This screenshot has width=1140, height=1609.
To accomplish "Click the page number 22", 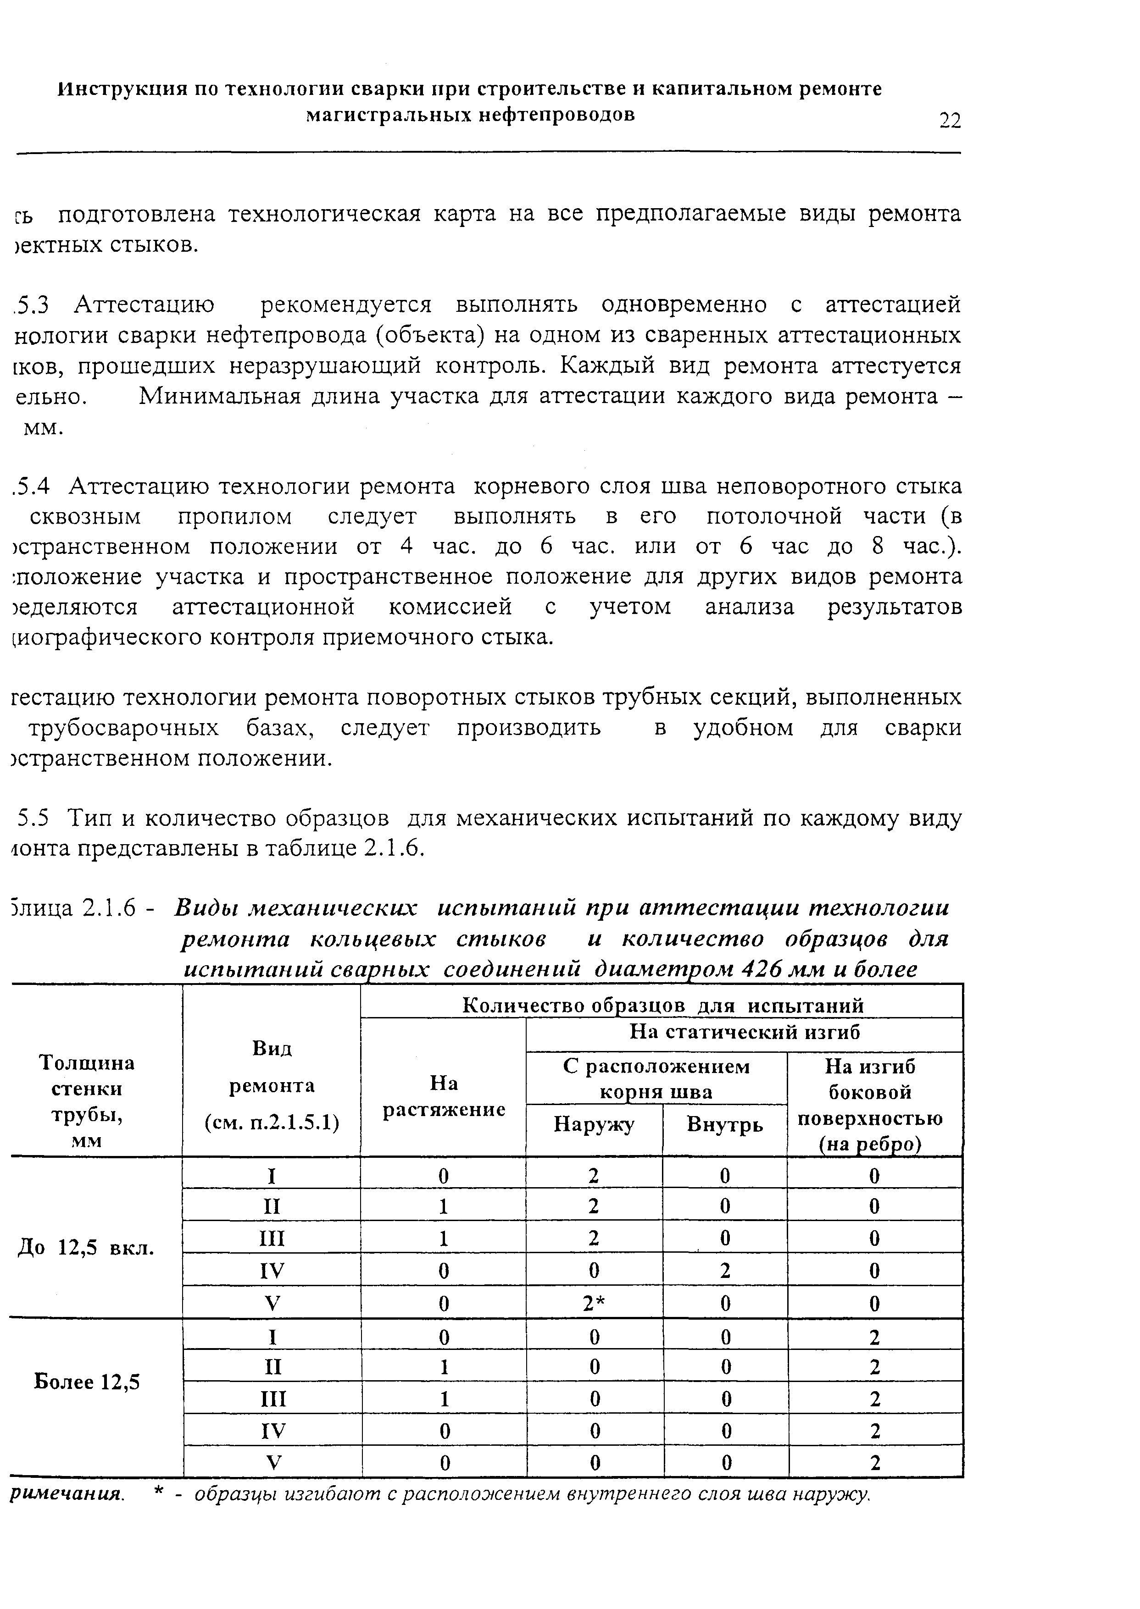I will tap(949, 120).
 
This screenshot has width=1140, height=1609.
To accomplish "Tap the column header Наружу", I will tap(594, 1125).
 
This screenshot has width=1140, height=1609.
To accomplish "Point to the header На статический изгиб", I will tap(744, 1032).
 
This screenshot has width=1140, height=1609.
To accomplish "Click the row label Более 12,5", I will tap(88, 1382).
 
